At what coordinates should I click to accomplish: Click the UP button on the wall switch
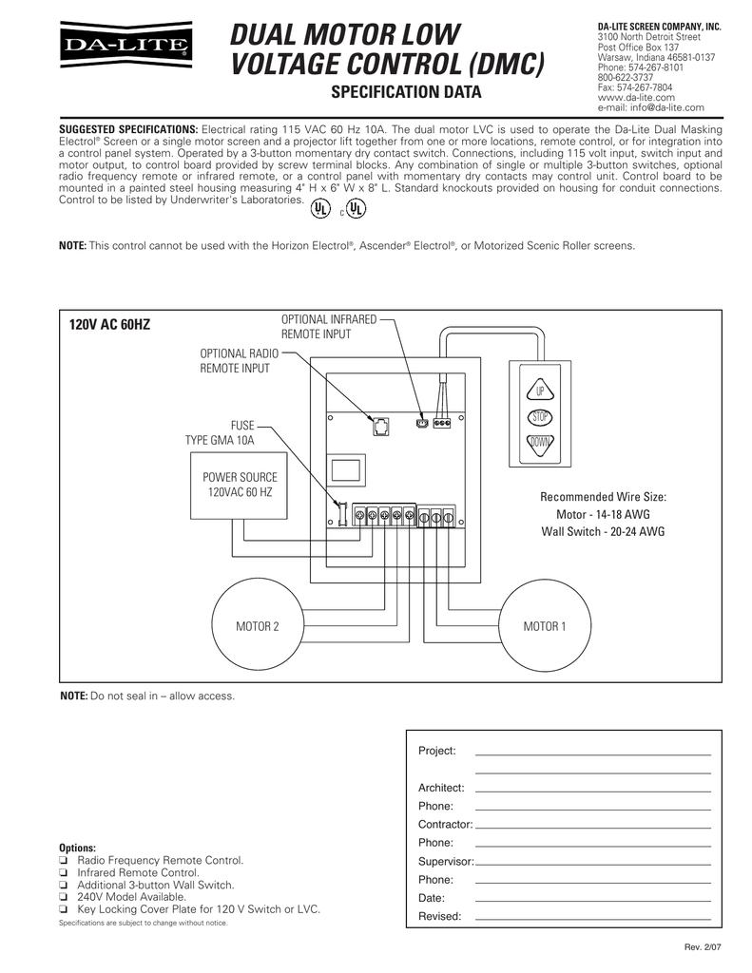540,391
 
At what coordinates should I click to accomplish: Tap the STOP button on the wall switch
540,417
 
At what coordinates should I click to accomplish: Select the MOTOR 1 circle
544,626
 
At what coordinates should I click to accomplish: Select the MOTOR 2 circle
256,626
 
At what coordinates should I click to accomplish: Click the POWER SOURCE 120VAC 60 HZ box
240,485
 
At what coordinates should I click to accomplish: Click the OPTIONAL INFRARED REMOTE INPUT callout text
329,327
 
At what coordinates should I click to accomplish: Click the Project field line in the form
591,753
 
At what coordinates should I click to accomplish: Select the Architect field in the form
591,790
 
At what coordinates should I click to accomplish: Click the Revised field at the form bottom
591,918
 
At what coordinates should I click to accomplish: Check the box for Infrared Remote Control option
64,872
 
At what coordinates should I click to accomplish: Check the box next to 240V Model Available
64,897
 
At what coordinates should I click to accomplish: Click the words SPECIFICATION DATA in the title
405,92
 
